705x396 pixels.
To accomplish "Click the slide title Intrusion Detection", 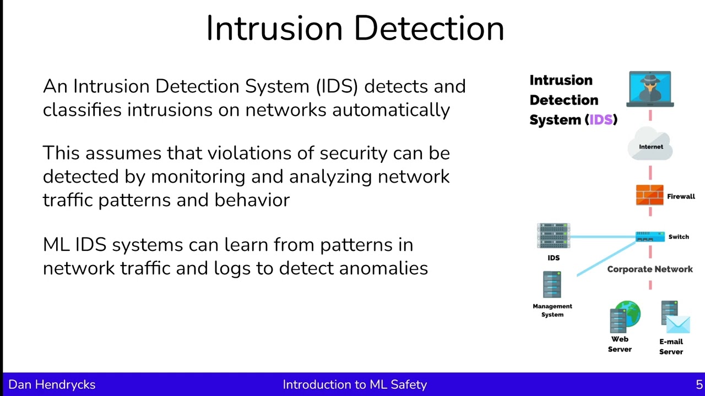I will coord(355,29).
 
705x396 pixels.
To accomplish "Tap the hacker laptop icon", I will coord(650,89).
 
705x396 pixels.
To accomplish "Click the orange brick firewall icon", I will coord(649,195).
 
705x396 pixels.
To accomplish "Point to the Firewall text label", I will coord(681,196).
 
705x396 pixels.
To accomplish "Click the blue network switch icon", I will coord(650,237).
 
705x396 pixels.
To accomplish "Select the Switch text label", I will coord(679,237).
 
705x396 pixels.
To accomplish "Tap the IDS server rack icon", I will coord(554,236).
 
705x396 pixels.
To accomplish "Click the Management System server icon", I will coord(552,284).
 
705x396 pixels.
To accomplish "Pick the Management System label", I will coord(552,310).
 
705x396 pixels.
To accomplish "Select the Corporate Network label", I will coord(650,269).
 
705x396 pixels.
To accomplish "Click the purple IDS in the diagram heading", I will coord(601,120).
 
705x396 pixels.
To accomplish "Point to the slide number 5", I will coord(699,385).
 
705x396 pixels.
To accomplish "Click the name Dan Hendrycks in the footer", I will coord(52,385).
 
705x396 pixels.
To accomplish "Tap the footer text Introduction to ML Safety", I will coord(355,385).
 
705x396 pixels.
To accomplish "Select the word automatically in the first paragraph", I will coord(391,110).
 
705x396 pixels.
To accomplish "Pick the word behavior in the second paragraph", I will coord(252,200).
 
